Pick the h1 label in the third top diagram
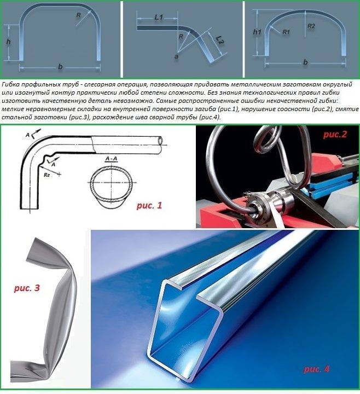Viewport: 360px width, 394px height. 257,32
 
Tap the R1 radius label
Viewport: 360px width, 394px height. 286,32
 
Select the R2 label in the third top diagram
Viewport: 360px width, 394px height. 311,26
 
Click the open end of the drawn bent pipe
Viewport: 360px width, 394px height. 160,141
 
